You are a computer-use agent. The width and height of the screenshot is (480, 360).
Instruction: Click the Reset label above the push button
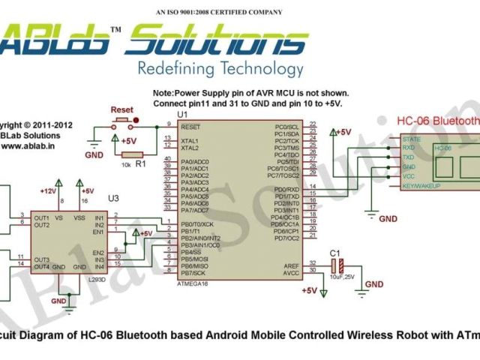(121, 109)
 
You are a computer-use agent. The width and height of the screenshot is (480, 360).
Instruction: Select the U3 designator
(113, 198)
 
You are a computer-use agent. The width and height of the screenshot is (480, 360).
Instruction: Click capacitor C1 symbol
(341, 267)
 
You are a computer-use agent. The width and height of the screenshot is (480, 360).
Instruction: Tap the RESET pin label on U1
(190, 127)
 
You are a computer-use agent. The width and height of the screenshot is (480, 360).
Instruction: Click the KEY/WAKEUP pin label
(421, 185)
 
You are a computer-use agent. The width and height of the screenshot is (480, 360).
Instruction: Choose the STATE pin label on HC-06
(412, 139)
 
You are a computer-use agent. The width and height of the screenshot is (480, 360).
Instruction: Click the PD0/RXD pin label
(286, 190)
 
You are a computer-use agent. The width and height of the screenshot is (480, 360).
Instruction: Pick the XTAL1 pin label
(190, 141)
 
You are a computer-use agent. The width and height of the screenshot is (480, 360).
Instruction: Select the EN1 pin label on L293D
(97, 232)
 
